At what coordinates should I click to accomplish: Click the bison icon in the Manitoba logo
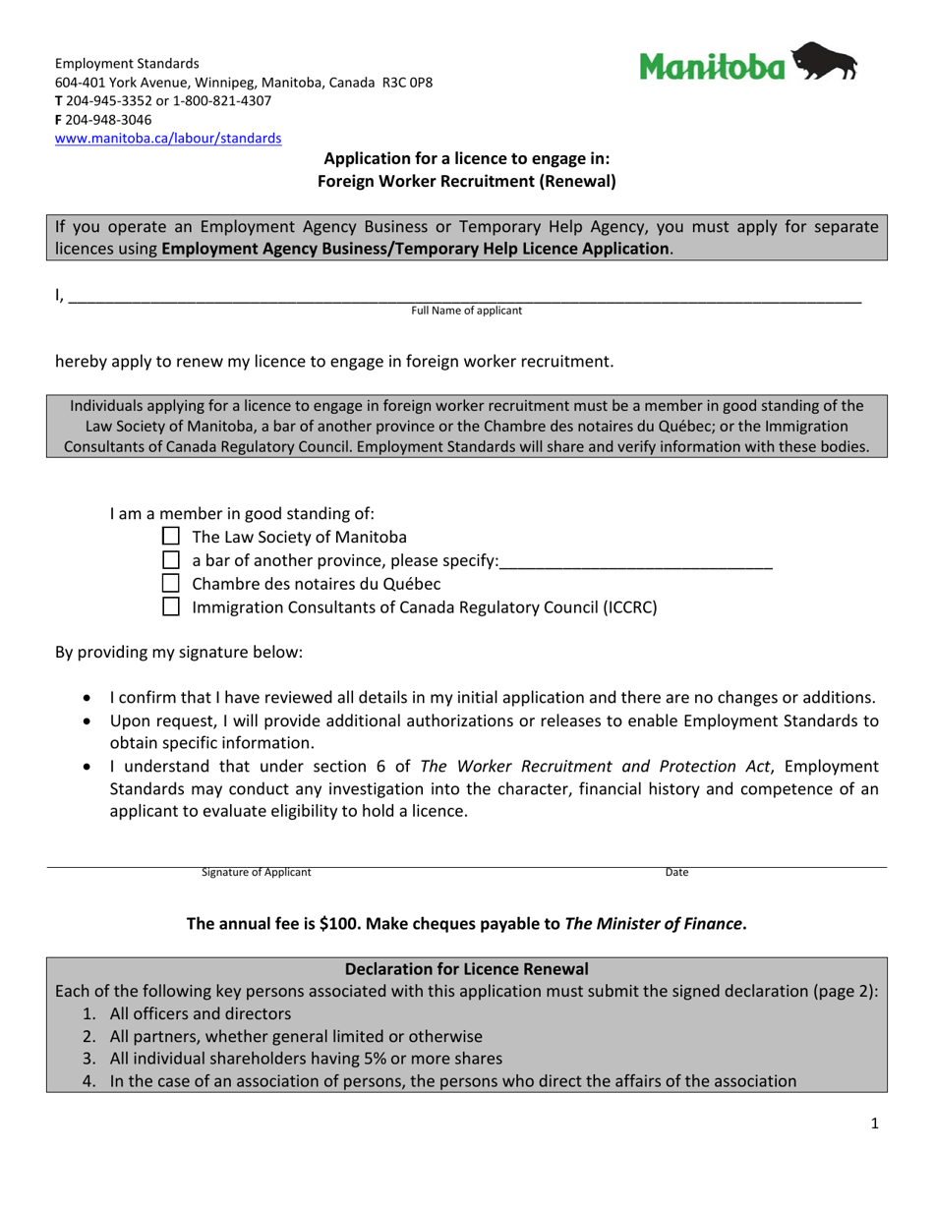click(824, 63)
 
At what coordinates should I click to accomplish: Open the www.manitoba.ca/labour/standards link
click(168, 139)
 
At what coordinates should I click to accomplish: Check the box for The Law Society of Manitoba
click(170, 537)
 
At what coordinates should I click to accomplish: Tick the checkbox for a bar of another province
click(170, 560)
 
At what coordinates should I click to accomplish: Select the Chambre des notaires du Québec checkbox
click(170, 584)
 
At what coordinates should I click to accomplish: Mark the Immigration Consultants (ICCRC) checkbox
click(170, 607)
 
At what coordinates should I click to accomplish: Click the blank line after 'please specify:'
click(636, 562)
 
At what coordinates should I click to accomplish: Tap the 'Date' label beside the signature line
click(676, 873)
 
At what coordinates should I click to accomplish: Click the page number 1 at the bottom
click(874, 1125)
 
